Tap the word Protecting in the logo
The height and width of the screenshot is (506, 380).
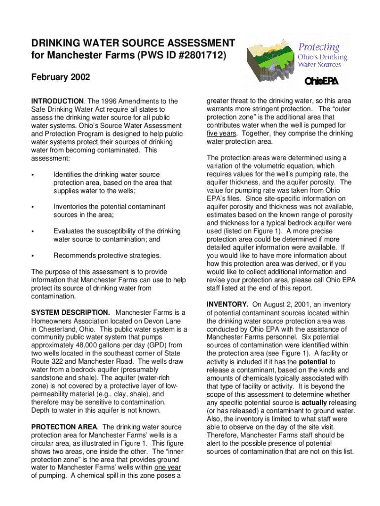318,47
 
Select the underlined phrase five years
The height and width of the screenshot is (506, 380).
222,133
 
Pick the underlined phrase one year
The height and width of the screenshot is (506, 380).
167,467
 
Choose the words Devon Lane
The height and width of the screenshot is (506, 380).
163,321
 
